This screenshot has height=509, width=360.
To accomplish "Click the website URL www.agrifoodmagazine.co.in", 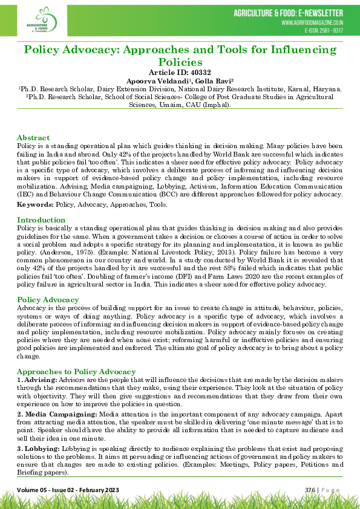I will pos(312,22).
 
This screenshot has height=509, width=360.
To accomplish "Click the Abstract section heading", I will pos(33,138).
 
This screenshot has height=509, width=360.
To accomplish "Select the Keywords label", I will pos(34,205).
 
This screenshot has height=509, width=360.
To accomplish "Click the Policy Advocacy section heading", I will pos(48,299).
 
